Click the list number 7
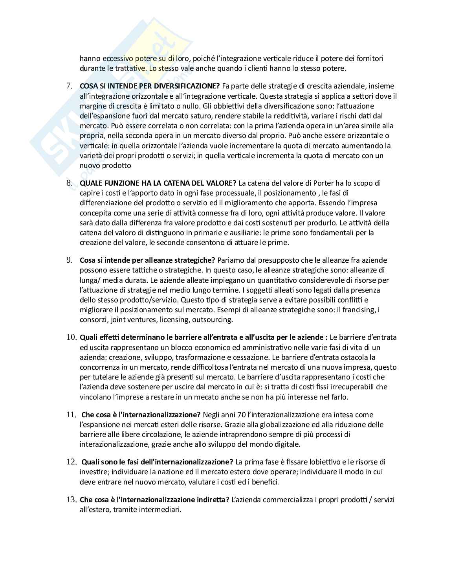pyautogui.click(x=70, y=86)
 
